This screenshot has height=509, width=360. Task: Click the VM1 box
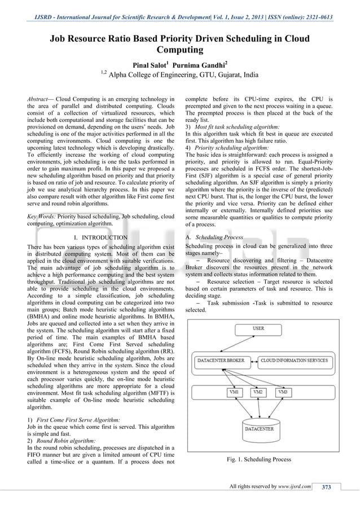click(x=233, y=392)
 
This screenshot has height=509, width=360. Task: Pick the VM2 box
click(x=258, y=392)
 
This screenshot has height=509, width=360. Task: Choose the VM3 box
click(x=283, y=392)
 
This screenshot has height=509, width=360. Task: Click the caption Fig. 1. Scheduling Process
click(x=259, y=459)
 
